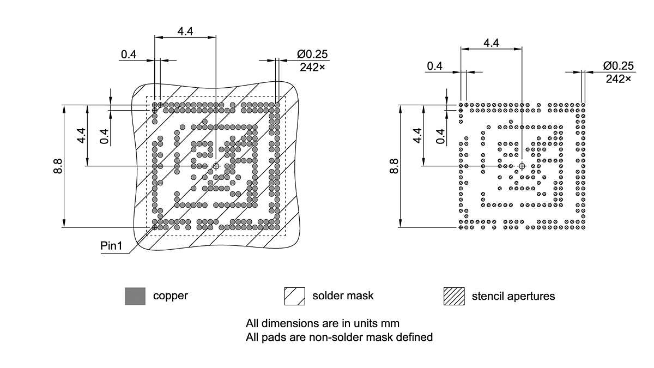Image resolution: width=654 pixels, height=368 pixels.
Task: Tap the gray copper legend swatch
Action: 135,296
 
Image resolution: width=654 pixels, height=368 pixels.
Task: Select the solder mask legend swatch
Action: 294,296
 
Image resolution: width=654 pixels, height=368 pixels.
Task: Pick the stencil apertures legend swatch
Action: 454,296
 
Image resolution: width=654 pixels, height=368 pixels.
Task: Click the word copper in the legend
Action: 171,296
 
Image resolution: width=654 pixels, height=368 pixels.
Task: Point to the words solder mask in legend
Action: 343,296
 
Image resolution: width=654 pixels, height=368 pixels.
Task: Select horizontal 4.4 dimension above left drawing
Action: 185,31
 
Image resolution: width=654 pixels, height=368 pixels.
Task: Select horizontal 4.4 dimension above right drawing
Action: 491,43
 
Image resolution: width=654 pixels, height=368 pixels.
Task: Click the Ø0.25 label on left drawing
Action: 313,55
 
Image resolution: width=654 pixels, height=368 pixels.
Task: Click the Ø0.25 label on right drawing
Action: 619,66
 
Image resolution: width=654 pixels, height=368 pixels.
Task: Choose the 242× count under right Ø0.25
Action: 618,79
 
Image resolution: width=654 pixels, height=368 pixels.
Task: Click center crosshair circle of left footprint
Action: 216,166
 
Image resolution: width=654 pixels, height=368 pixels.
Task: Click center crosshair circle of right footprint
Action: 522,166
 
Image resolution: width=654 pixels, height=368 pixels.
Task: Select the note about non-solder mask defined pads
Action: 339,337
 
